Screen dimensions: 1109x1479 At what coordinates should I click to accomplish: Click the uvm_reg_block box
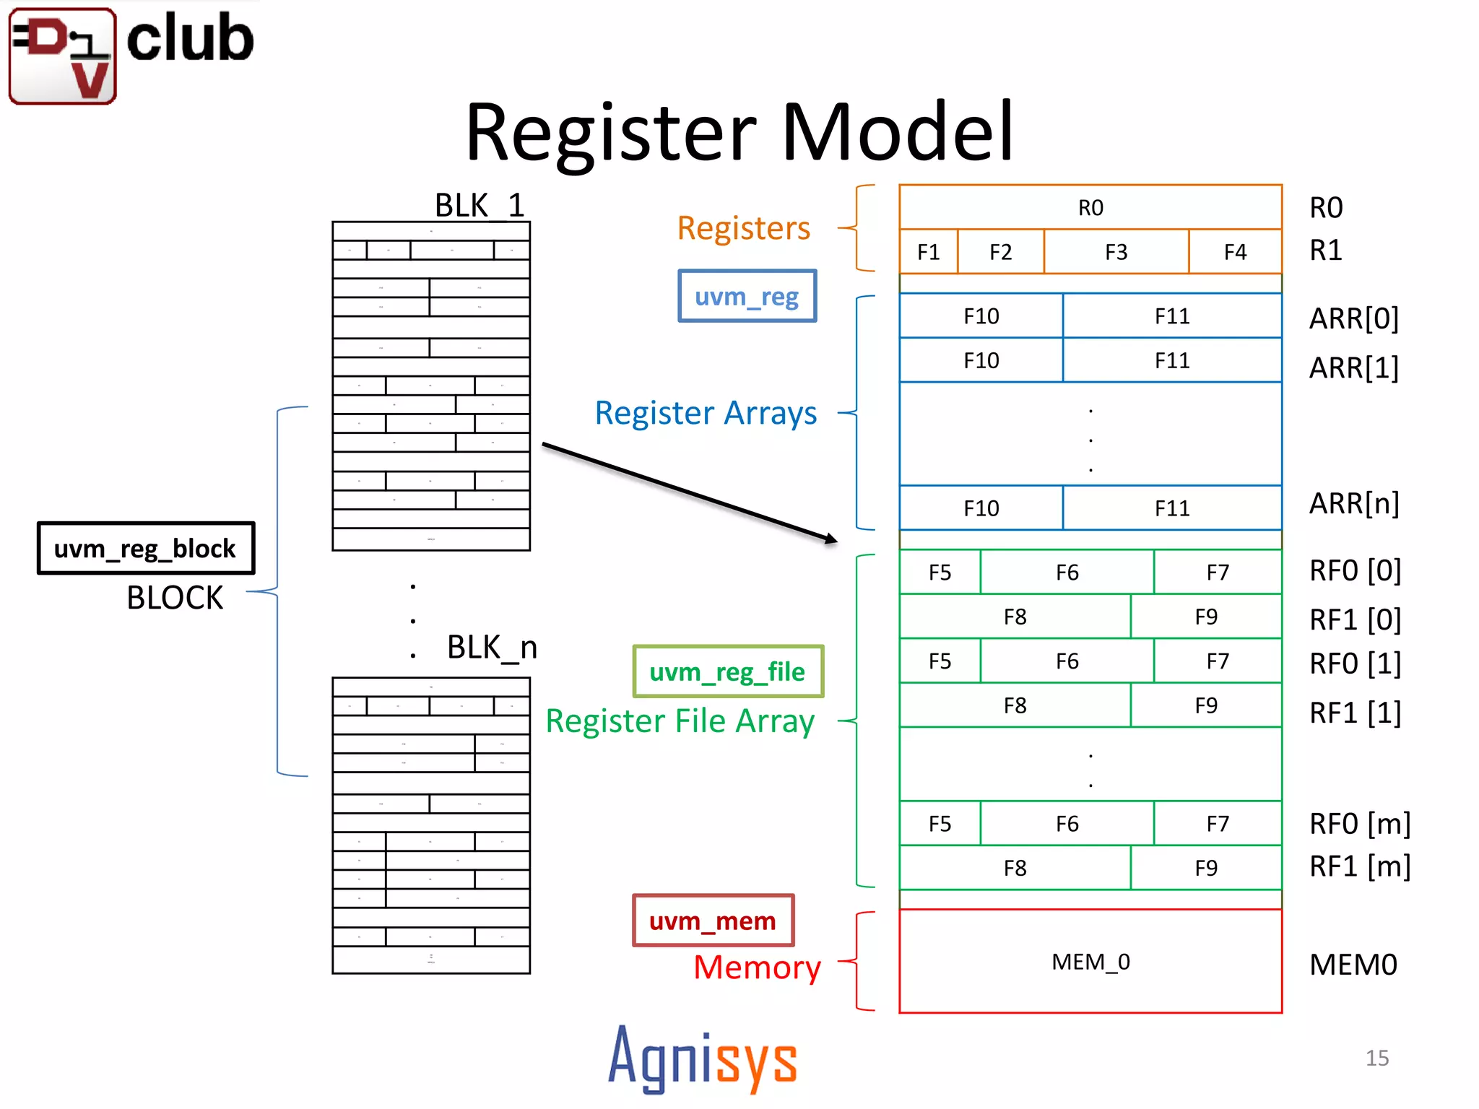[145, 549]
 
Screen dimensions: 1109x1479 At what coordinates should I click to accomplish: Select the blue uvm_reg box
[747, 296]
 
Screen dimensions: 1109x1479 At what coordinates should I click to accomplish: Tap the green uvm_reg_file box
[727, 671]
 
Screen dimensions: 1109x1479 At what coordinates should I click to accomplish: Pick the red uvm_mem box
[713, 921]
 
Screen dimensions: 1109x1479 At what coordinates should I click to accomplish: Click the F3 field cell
[1116, 252]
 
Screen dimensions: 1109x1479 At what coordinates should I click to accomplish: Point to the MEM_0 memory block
[1090, 962]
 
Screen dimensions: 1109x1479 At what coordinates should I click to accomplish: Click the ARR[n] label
[1354, 503]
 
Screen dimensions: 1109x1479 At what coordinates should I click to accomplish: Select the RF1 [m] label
[1360, 866]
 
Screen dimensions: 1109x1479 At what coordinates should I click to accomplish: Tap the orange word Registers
[743, 228]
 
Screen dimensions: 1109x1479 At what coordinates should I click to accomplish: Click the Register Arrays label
[706, 413]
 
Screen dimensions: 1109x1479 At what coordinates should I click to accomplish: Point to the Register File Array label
[680, 721]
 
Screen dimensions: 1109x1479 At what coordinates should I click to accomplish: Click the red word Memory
[757, 967]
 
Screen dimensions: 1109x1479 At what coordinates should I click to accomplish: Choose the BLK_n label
[492, 647]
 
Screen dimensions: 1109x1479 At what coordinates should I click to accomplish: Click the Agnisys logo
[702, 1059]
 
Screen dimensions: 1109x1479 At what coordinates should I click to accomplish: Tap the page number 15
[1376, 1058]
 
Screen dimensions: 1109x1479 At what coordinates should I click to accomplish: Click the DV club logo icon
[63, 56]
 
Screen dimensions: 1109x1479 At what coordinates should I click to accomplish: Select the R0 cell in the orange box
[1090, 208]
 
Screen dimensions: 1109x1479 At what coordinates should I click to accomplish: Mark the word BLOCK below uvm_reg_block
[175, 598]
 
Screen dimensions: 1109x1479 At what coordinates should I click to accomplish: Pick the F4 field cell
[1235, 252]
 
